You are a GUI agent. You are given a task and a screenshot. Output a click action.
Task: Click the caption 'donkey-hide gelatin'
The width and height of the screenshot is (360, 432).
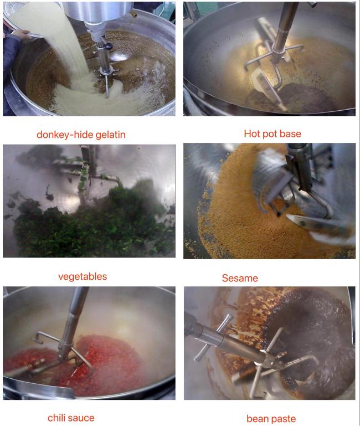(x=81, y=135)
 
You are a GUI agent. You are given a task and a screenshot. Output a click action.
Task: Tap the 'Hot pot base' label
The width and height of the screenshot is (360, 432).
(x=272, y=134)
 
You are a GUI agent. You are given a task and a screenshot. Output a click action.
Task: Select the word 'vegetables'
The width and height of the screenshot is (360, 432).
(x=83, y=276)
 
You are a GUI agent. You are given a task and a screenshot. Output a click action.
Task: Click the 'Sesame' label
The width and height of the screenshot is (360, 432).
(x=240, y=278)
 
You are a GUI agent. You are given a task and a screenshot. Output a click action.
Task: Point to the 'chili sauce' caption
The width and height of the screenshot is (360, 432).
(x=71, y=418)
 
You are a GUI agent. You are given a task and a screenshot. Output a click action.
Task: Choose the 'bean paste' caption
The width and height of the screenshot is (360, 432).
(x=271, y=419)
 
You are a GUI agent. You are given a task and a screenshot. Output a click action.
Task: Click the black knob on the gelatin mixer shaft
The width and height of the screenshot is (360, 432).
(x=109, y=47)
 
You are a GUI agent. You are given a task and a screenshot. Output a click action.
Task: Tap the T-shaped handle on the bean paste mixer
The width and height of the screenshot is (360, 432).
(x=213, y=337)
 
